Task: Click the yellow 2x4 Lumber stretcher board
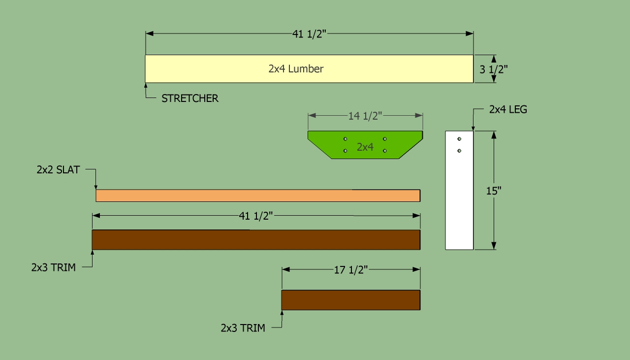[309, 68]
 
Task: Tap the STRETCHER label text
[190, 98]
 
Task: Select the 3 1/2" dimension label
[494, 69]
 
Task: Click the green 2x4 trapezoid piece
[365, 145]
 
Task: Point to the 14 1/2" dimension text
[365, 116]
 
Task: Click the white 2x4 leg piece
[459, 190]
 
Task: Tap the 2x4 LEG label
[508, 109]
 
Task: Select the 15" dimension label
[494, 191]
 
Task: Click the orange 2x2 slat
[258, 196]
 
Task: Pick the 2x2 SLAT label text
[58, 170]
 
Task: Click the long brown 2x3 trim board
[256, 240]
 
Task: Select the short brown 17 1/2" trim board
[351, 300]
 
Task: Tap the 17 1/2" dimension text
[351, 270]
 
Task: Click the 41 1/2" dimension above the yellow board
[309, 34]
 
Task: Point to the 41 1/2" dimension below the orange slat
[256, 216]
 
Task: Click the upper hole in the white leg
[459, 139]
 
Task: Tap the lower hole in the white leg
[459, 151]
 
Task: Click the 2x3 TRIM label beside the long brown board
[54, 267]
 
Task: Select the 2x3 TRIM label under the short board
[243, 328]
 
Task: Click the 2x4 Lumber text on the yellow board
[296, 68]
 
